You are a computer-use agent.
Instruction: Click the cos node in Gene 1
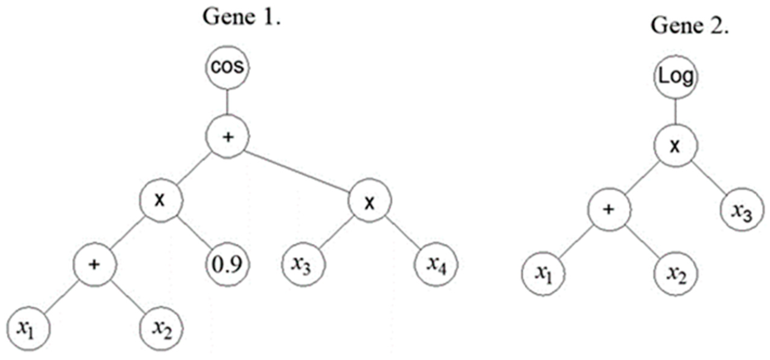tap(227, 67)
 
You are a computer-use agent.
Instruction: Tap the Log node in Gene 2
tap(676, 77)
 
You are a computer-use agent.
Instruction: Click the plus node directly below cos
tap(228, 137)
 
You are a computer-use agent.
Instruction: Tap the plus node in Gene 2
tap(609, 210)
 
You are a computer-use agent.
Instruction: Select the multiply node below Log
tap(676, 146)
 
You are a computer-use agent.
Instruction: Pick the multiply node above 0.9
tap(161, 201)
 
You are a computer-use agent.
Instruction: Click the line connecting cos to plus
tap(227, 102)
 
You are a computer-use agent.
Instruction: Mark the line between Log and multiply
tap(676, 111)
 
